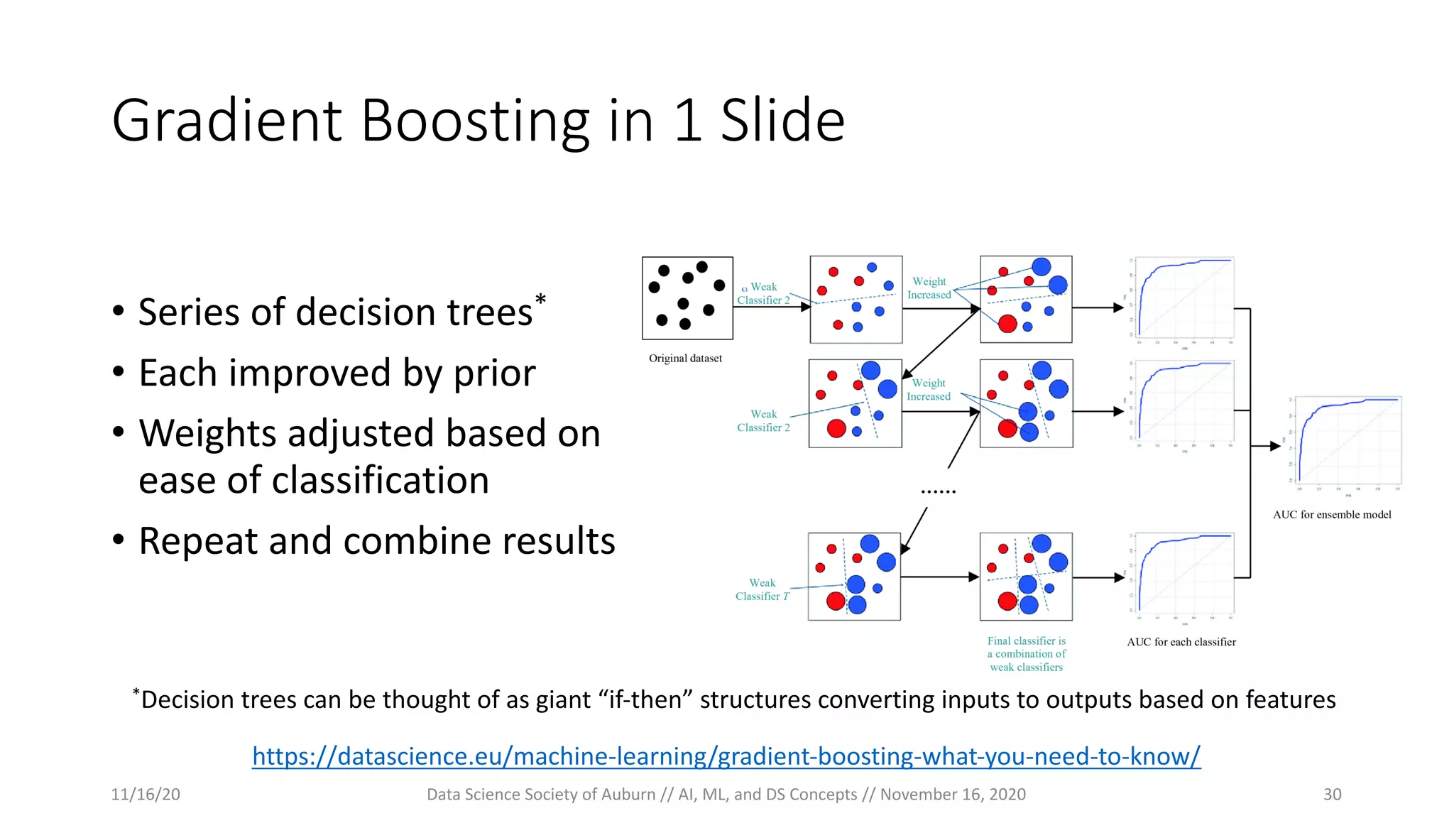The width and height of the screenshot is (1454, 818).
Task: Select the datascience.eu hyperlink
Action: click(726, 756)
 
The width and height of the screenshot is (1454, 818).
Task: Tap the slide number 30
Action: click(1332, 795)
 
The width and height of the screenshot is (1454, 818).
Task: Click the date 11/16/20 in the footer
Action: click(146, 795)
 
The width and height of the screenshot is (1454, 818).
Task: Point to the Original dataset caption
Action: click(685, 359)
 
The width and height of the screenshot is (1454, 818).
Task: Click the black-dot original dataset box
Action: click(687, 298)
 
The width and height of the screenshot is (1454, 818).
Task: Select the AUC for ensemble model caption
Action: click(1332, 515)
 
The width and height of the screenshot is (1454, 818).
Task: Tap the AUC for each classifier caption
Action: click(1181, 642)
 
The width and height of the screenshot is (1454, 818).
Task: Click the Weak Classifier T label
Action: click(762, 590)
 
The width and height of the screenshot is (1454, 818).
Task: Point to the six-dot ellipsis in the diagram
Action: click(938, 491)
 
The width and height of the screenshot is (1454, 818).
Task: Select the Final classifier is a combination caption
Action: click(1027, 654)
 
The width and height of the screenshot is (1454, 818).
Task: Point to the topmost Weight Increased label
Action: click(929, 288)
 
